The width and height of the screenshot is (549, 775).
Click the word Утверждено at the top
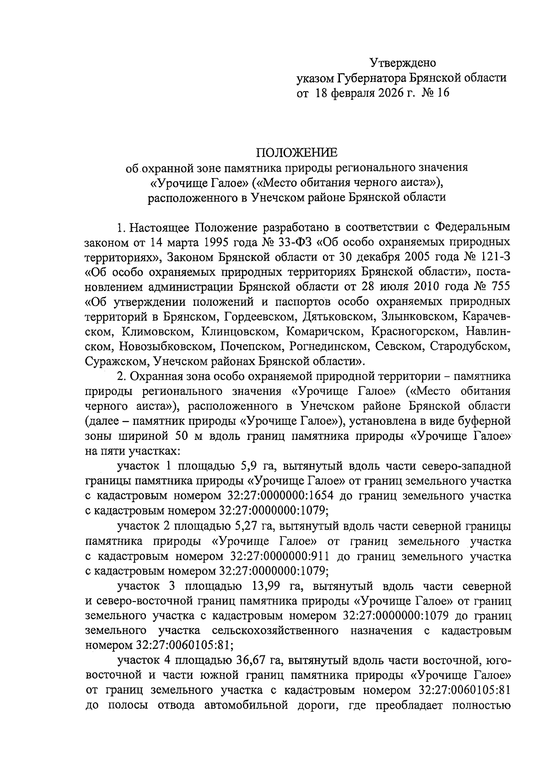403,63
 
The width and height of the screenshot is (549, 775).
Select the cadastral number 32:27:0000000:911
273,556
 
